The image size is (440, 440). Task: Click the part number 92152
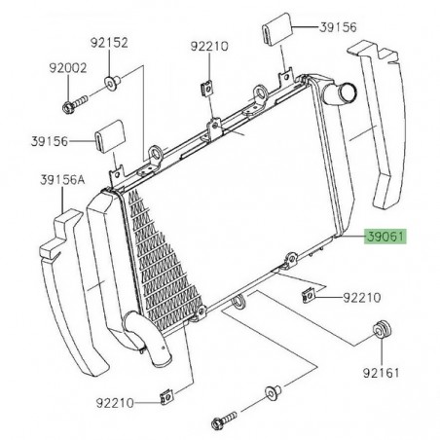click(109, 43)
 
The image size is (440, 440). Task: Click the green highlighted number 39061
click(385, 237)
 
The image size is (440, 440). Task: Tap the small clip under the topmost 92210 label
click(206, 87)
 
